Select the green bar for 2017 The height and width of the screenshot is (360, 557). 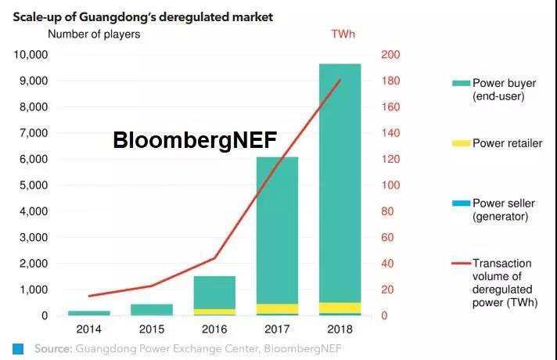[x=277, y=235]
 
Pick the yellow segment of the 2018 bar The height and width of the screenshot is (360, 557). [x=340, y=308]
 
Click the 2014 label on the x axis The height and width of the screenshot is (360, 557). [x=88, y=329]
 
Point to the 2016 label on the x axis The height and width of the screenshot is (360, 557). [x=214, y=329]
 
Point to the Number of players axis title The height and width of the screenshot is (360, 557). [x=94, y=34]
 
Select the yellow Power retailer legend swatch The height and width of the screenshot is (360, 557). [x=461, y=143]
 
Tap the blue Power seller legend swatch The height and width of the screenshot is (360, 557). [x=461, y=203]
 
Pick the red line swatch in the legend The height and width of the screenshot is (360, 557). [x=461, y=264]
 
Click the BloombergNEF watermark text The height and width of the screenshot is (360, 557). [x=195, y=140]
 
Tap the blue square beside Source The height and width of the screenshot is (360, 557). [x=18, y=347]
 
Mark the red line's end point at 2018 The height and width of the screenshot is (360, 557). [x=340, y=80]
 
